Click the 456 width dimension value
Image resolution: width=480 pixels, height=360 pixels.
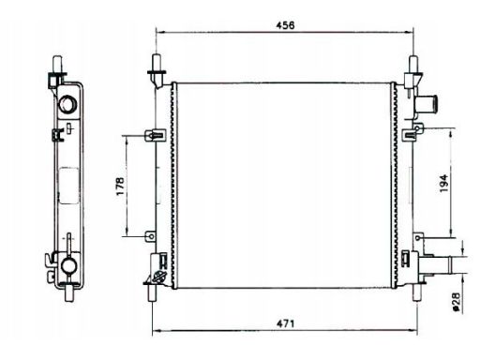coord(285,25)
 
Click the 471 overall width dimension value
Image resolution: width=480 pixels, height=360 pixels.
coord(285,323)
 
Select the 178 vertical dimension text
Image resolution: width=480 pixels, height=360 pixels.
coord(120,187)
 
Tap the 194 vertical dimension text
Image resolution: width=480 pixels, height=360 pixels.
coord(443,183)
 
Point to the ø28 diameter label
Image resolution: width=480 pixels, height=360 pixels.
coord(456,302)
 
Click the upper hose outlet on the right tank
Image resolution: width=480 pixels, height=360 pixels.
coord(426,104)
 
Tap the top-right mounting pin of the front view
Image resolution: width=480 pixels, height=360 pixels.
coord(413,65)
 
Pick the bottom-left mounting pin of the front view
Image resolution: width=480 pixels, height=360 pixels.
coord(152,292)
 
